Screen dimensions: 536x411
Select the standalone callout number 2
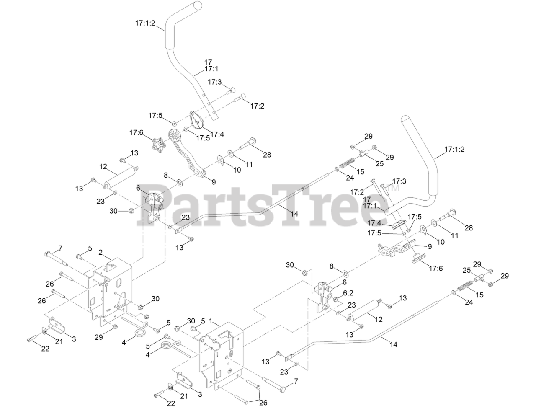(x=100, y=253)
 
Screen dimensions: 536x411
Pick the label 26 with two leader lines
(x=263, y=403)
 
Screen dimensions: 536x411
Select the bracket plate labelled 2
(x=111, y=289)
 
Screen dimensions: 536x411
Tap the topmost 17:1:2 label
(x=145, y=24)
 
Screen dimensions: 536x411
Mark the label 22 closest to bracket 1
(x=171, y=403)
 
